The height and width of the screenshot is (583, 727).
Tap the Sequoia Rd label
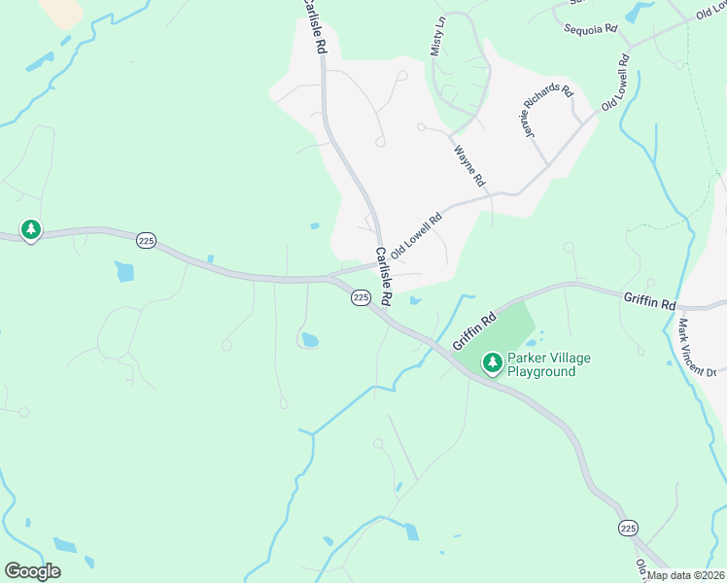(x=591, y=28)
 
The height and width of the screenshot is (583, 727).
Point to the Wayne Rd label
(x=468, y=166)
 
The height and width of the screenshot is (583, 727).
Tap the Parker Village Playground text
(x=548, y=365)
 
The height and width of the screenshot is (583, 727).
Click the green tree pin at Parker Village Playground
(x=493, y=363)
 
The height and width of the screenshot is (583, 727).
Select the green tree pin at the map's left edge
(x=31, y=229)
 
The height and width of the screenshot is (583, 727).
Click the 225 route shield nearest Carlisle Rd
(x=361, y=297)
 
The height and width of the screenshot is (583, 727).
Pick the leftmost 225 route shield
(x=146, y=241)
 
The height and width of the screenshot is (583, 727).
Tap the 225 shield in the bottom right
(x=628, y=528)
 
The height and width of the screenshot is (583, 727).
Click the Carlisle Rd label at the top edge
(x=313, y=27)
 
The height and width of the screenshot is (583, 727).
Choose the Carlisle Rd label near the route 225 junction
(x=382, y=275)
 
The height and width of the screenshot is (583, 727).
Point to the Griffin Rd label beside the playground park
(x=475, y=330)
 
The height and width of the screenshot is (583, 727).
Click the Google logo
(x=32, y=571)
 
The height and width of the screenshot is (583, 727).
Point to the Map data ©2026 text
(x=684, y=575)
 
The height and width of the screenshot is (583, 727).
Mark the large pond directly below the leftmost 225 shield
(x=124, y=271)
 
